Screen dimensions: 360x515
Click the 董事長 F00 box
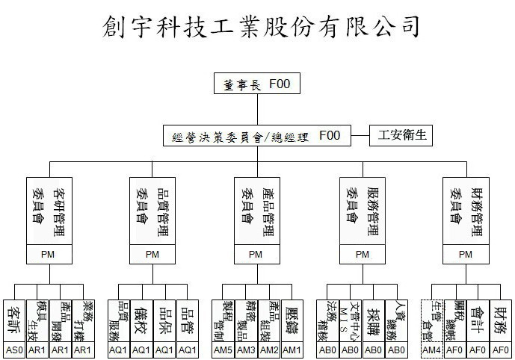(x=256, y=84)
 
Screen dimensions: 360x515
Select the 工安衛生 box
(x=401, y=136)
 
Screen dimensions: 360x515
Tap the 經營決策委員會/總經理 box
(x=265, y=136)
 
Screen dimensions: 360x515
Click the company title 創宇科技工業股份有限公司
(x=260, y=27)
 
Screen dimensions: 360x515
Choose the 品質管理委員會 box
(x=152, y=211)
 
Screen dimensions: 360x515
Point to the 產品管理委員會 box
(x=256, y=211)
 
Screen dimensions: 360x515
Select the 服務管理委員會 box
(x=363, y=211)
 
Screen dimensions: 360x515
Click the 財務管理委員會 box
(x=466, y=211)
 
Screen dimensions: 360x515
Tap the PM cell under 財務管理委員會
(x=466, y=254)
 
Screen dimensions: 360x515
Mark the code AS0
(x=15, y=350)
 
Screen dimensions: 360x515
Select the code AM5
(x=223, y=350)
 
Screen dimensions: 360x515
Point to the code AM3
(x=246, y=350)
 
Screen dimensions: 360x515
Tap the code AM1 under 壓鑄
(x=292, y=350)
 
